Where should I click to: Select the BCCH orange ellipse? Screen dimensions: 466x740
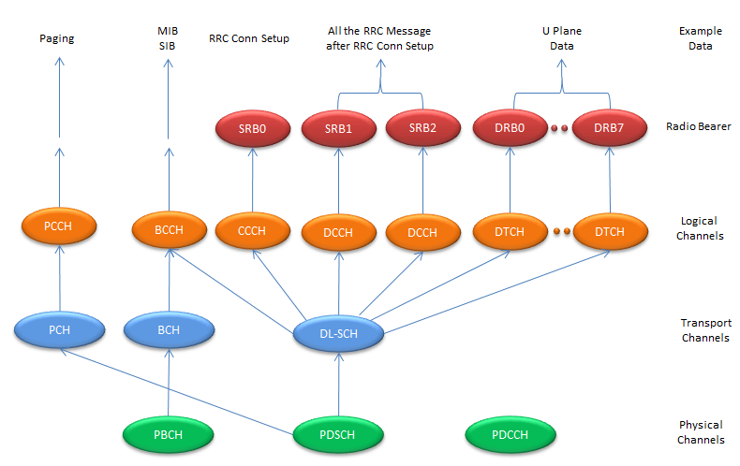(x=170, y=226)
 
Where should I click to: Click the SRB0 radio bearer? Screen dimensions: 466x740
(x=252, y=129)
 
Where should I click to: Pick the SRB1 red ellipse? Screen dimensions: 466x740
(x=337, y=129)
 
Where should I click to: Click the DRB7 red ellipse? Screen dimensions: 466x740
(x=610, y=129)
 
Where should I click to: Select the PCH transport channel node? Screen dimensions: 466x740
(x=59, y=329)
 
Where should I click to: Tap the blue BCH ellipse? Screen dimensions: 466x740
(x=170, y=329)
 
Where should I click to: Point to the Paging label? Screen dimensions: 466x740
(x=58, y=38)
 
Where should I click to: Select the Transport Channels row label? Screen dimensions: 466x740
(x=704, y=330)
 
